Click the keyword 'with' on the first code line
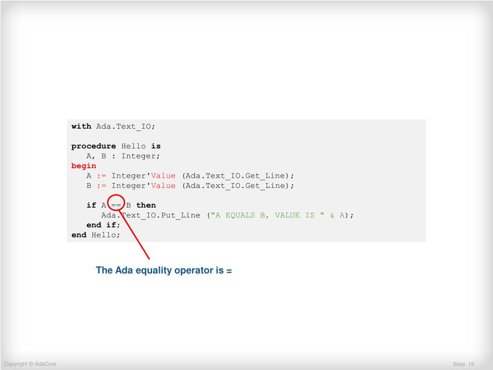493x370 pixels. (x=81, y=126)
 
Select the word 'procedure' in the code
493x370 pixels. (x=93, y=146)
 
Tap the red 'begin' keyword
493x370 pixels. (x=84, y=166)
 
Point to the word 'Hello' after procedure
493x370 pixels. (x=133, y=146)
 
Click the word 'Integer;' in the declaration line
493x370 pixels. (x=141, y=156)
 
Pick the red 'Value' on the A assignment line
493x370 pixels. (x=163, y=176)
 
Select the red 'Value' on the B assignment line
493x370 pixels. (x=163, y=185)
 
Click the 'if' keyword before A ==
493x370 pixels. (x=91, y=205)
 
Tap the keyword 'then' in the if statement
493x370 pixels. (x=146, y=205)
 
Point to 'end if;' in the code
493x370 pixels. (x=103, y=225)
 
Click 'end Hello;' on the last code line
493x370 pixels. (x=96, y=235)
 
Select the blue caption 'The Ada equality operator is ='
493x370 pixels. (x=164, y=270)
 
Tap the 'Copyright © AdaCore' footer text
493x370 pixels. (x=30, y=364)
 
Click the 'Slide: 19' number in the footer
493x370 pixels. (x=464, y=364)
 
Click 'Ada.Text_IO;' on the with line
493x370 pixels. (x=126, y=126)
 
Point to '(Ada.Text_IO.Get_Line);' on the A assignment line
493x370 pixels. (x=238, y=176)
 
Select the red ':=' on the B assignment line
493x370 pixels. (x=101, y=185)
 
